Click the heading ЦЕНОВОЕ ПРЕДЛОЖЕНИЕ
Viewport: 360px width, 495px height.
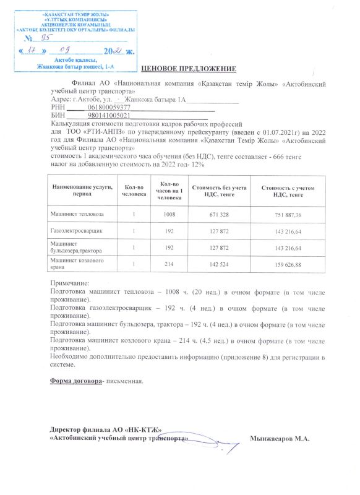tap(189, 67)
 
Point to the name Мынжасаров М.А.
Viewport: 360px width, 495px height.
tap(279, 438)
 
